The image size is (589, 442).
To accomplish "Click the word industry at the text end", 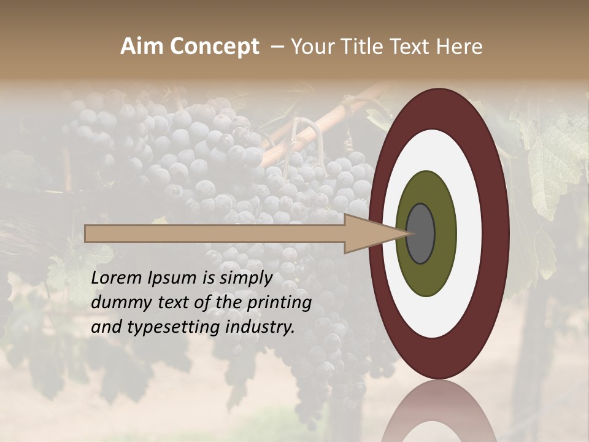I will [x=260, y=327].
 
